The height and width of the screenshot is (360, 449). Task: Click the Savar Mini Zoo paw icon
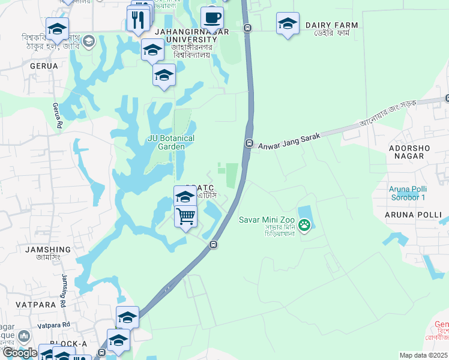305,226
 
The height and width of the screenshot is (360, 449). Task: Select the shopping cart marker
186,215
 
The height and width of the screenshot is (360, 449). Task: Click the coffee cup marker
211,17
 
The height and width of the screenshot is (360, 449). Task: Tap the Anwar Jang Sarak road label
289,141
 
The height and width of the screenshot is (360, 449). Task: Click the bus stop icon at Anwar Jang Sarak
249,143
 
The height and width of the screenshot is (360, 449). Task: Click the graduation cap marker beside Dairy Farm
288,24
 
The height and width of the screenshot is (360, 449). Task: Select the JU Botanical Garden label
171,142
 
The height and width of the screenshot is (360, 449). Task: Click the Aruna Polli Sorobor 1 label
406,193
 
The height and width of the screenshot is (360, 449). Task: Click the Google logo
20,353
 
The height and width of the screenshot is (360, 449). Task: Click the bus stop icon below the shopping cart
212,244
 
